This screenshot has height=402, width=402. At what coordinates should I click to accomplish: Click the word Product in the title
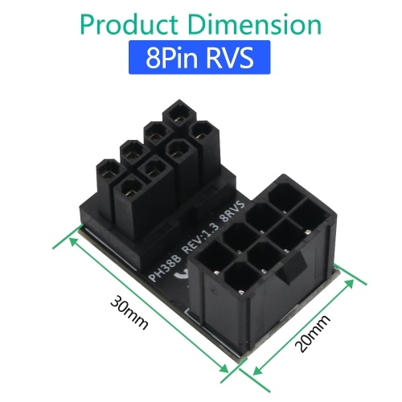(129, 25)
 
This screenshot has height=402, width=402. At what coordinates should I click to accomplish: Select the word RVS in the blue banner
(229, 57)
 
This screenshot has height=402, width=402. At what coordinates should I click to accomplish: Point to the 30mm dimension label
(129, 312)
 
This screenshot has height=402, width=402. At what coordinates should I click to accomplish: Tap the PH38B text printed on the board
(165, 269)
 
